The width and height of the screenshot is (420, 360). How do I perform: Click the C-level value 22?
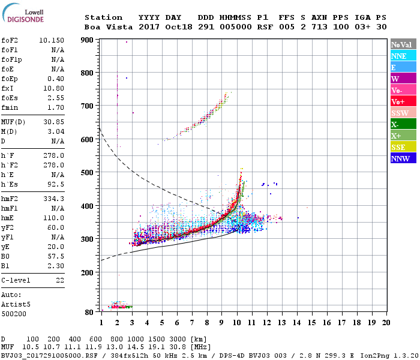point(61,280)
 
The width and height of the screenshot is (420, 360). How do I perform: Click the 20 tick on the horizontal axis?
point(385,323)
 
